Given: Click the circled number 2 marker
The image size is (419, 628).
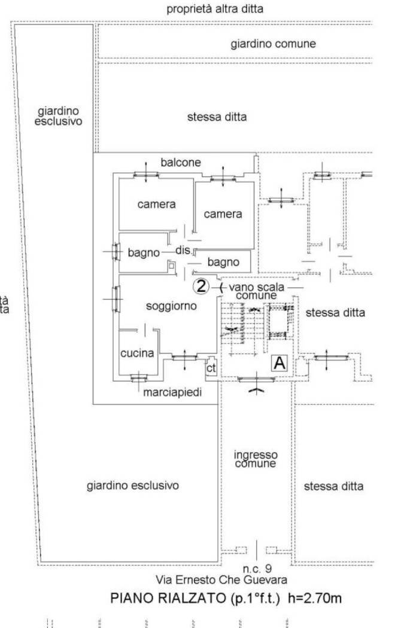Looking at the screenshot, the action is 201,286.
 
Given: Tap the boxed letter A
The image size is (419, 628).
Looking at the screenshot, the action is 280,363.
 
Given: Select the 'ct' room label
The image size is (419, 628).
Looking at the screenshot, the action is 211,368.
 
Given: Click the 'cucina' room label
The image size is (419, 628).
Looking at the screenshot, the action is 137,353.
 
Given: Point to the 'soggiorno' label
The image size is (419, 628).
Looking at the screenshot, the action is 171,306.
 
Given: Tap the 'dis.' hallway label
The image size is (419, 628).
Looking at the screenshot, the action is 183,251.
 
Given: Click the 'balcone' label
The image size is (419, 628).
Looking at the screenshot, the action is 180,162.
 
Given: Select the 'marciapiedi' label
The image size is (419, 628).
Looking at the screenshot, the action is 172,392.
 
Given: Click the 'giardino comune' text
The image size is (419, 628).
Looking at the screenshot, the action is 273,44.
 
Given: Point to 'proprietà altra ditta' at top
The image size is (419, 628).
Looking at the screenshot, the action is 215,9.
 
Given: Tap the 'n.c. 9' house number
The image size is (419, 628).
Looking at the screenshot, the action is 257,568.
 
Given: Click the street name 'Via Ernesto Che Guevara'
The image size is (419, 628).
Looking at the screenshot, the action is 221,580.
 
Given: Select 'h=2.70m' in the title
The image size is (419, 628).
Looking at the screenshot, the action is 315,598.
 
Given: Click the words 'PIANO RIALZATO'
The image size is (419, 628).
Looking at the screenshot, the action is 168,598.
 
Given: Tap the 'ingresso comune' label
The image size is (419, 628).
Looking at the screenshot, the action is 256,459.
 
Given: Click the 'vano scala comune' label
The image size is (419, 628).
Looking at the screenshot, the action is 257,291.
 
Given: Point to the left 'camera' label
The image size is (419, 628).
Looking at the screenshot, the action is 156,205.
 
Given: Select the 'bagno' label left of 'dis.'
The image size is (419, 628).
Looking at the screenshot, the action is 144,253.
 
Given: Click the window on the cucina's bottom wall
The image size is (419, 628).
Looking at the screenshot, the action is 138,377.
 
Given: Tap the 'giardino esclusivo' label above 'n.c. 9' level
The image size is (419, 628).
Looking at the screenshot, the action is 133,486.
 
